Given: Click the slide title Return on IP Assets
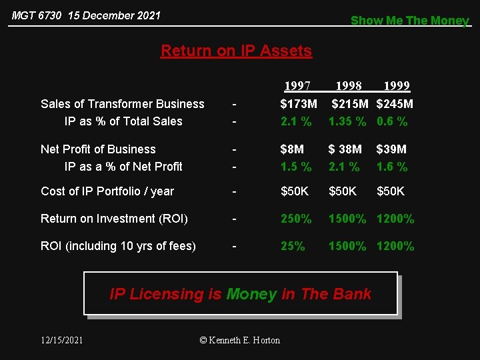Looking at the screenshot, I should click(236, 51).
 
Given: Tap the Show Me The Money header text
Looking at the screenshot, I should click(410, 20).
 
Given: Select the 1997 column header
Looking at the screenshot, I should click(297, 86).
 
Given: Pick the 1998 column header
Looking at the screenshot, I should click(349, 86).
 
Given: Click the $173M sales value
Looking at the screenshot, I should click(299, 104).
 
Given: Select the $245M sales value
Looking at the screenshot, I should click(395, 104).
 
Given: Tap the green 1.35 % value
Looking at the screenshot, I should click(347, 121).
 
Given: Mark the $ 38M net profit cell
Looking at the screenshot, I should click(345, 149).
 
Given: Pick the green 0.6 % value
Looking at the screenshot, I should click(392, 121).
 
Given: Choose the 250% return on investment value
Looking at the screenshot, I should click(296, 219).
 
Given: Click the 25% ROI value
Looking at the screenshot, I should click(293, 246).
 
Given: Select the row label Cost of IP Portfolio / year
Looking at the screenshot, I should click(107, 191).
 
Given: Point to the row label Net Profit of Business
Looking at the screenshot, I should click(98, 149).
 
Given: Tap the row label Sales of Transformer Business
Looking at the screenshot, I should click(123, 104).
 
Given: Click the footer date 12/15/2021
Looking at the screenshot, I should click(62, 340).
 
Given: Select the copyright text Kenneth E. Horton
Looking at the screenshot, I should click(240, 340).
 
